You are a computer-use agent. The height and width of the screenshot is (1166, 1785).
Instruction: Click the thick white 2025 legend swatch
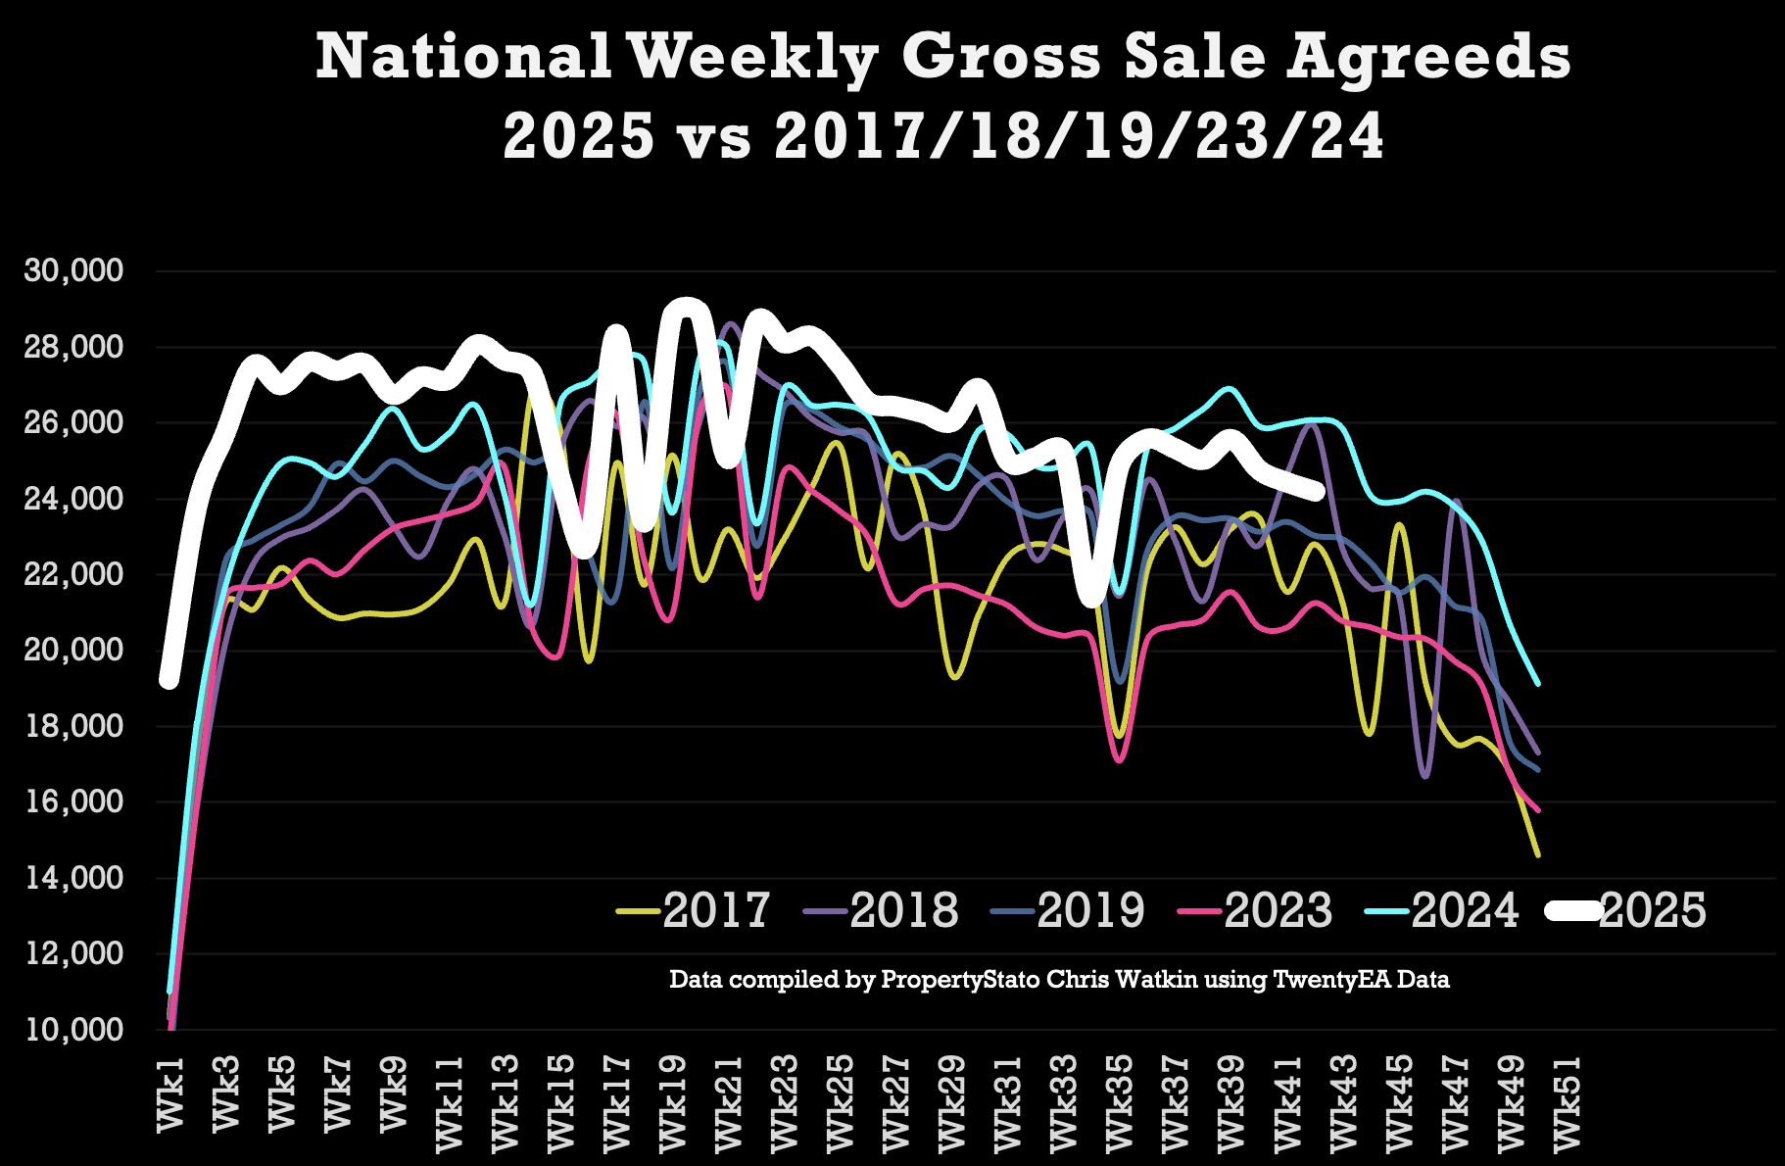tap(1572, 910)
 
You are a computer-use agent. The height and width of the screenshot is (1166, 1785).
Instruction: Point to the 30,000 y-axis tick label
tap(74, 270)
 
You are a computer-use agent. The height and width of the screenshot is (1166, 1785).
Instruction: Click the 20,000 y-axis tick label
tap(74, 650)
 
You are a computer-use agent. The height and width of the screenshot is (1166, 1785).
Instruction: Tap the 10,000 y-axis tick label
tap(74, 1029)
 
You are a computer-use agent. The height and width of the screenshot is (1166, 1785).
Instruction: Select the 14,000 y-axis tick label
tap(74, 877)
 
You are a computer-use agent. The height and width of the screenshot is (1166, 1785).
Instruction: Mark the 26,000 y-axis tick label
tap(74, 422)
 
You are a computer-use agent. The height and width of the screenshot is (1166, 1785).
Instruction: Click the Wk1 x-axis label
tap(170, 1094)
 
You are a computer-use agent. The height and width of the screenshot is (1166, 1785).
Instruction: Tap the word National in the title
tap(463, 57)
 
